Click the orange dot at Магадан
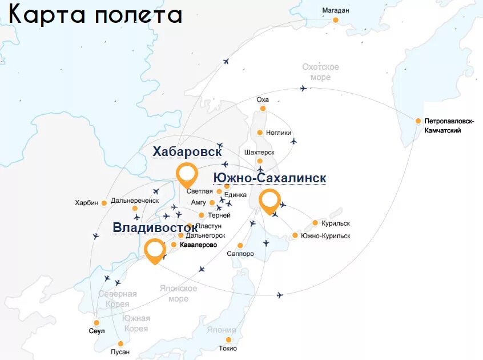click(336, 20)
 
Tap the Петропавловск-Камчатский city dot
click(418, 121)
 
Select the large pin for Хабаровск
click(187, 174)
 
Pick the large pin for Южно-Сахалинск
click(269, 202)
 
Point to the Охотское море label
click(320, 72)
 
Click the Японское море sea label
click(178, 294)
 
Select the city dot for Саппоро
click(240, 246)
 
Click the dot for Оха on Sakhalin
click(263, 108)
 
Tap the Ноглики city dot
click(260, 133)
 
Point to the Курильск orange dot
click(315, 223)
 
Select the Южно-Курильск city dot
click(295, 235)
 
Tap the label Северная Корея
click(117, 299)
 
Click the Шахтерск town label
click(259, 153)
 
